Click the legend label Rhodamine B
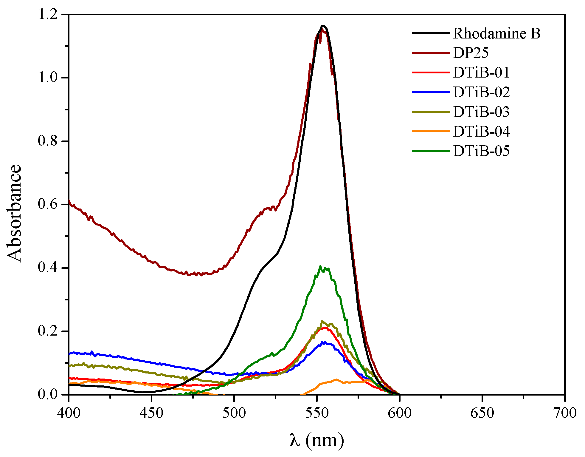coord(496,33)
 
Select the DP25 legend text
coord(471,53)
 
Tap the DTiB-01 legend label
coord(481,72)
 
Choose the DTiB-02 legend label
coord(481,92)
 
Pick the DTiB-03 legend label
coord(481,112)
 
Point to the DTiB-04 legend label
coord(481,132)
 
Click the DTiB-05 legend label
coord(481,151)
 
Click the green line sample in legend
coord(431,151)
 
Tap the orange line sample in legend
coord(431,131)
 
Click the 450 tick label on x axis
coord(151,413)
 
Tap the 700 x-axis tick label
coord(564,413)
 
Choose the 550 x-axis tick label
coord(317,413)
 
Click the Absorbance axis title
coord(14,213)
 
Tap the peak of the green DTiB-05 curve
coord(320,266)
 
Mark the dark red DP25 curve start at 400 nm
coord(69,201)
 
